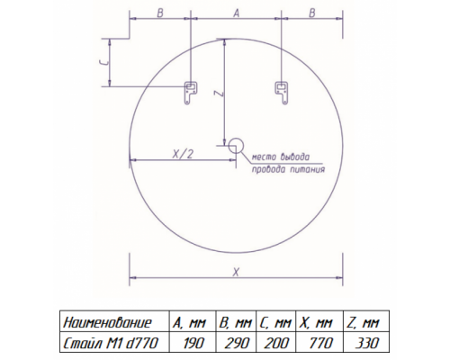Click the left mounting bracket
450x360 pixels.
pyautogui.click(x=190, y=93)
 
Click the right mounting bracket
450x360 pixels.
pyautogui.click(x=282, y=93)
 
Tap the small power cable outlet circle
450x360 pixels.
pyautogui.click(x=236, y=146)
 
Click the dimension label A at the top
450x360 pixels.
pyautogui.click(x=237, y=13)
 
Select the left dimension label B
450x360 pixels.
pyautogui.click(x=160, y=13)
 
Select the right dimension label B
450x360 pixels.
pyautogui.click(x=312, y=13)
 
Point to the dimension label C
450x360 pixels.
pyautogui.click(x=103, y=62)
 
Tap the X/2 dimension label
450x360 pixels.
pyautogui.click(x=183, y=154)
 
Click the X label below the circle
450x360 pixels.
pyautogui.click(x=236, y=272)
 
